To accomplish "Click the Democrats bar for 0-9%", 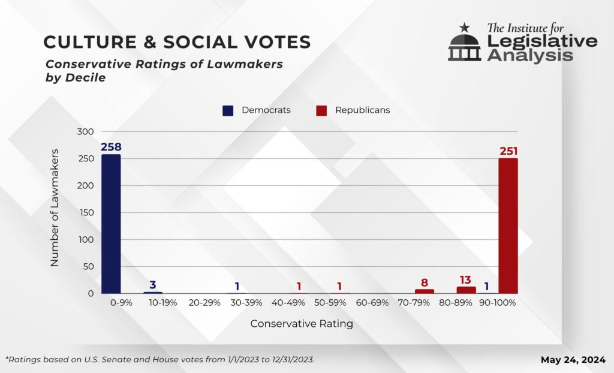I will click(x=111, y=224).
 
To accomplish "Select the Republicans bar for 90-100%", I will click(x=508, y=225).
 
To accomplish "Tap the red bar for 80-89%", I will click(x=466, y=290).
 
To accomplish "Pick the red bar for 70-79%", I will click(x=425, y=291).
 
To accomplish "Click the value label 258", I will click(x=112, y=147).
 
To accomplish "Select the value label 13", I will click(x=466, y=279).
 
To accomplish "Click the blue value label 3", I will click(x=153, y=284).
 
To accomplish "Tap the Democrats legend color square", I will click(x=228, y=110).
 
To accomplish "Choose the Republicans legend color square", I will click(x=321, y=110).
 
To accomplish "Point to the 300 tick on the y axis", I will click(x=86, y=132).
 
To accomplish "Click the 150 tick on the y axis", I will click(x=86, y=213).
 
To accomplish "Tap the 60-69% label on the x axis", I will click(x=372, y=303).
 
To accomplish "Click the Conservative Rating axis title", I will click(x=302, y=324).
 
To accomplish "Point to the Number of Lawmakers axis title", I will click(x=55, y=207).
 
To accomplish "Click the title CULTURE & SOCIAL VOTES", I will click(x=177, y=42).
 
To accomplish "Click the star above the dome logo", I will click(x=465, y=27).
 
